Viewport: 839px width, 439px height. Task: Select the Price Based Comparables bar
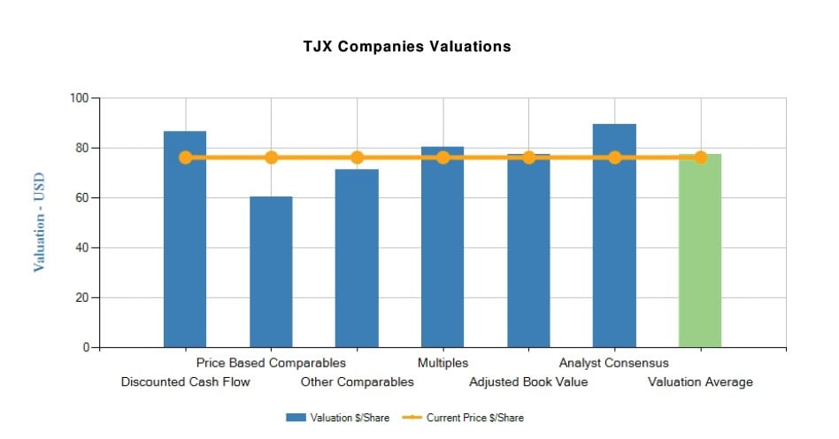pos(271,274)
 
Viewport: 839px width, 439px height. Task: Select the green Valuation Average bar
pos(700,257)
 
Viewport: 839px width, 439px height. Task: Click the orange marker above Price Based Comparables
pos(271,158)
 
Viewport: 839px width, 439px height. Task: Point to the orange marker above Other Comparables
pos(357,158)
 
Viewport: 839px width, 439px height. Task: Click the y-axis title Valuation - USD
pos(39,222)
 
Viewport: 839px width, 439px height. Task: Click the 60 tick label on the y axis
pos(82,198)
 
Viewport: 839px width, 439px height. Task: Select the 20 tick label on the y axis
pos(82,297)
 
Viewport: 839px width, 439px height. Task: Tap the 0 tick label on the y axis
pos(86,348)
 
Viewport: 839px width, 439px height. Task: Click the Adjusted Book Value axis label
pos(528,382)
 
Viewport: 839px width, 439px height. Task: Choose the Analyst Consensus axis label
pos(614,363)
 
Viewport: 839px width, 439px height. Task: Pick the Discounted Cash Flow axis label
pos(185,382)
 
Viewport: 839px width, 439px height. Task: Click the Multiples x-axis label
pos(443,363)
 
